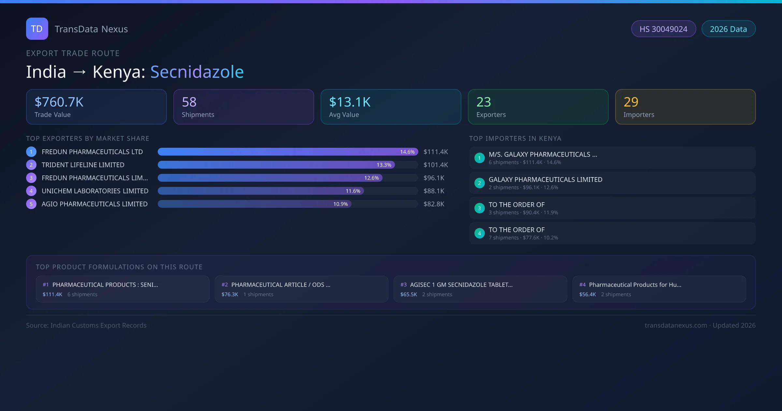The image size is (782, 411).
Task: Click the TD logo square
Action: [x=37, y=29]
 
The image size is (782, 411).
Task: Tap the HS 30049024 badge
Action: [x=663, y=29]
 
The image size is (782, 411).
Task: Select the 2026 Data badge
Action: [x=728, y=29]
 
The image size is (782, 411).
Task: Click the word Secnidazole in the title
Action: [x=197, y=72]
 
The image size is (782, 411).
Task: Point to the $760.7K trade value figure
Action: [x=59, y=102]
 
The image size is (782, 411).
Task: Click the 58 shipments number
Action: [x=189, y=102]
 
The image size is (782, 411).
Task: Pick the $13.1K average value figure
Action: [x=350, y=102]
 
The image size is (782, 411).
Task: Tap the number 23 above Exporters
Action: [x=484, y=102]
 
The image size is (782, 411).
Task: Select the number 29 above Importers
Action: [x=631, y=102]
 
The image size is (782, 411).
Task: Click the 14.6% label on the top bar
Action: [x=407, y=152]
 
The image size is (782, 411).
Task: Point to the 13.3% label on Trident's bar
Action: [x=384, y=165]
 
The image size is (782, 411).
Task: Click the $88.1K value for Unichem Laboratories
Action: [x=434, y=191]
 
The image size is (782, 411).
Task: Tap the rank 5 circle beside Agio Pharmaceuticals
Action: [x=31, y=204]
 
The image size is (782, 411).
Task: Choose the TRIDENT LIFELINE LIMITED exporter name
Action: [x=83, y=165]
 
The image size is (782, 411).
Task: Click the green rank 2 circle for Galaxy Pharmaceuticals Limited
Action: [x=479, y=183]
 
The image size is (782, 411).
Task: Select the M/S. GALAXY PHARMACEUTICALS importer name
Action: [x=543, y=155]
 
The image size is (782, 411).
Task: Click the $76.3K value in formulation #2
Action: [x=230, y=295]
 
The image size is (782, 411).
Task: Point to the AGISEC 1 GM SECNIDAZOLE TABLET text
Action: [x=461, y=285]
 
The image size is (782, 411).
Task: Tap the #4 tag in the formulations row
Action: [x=582, y=285]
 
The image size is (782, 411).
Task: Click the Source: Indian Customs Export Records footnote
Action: [x=86, y=326]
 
